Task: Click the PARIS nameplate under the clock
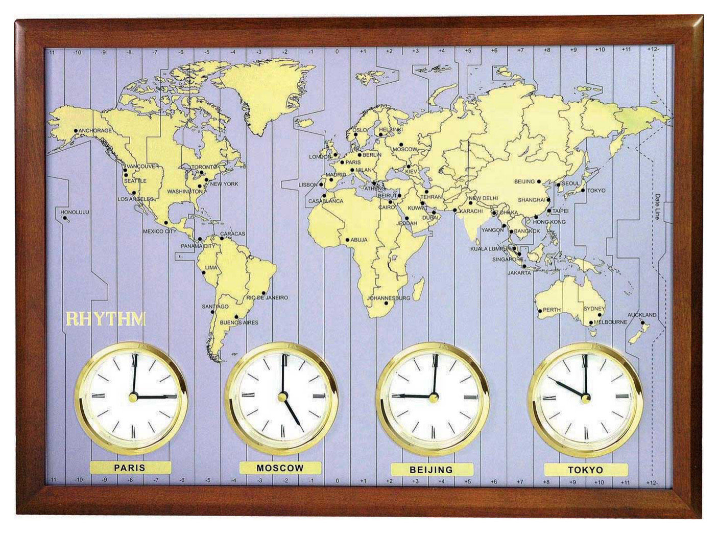pos(130,467)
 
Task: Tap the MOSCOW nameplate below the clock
pos(280,468)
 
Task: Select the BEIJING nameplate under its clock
pos(432,469)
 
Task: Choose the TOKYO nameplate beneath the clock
pos(585,470)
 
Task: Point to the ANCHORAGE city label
pos(95,131)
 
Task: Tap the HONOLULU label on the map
pos(75,212)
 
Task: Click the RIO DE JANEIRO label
pos(267,297)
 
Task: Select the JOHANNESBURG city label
pos(389,298)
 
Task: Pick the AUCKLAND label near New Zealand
pos(642,315)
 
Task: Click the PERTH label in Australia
pos(552,310)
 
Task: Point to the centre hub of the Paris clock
pos(133,396)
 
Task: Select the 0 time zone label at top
pos(337,52)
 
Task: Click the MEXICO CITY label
pos(159,231)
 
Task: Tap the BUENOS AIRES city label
pos(238,322)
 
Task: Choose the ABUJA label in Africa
pos(359,240)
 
